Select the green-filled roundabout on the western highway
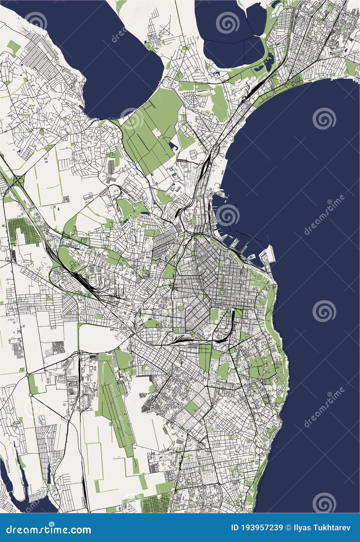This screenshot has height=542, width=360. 28,374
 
